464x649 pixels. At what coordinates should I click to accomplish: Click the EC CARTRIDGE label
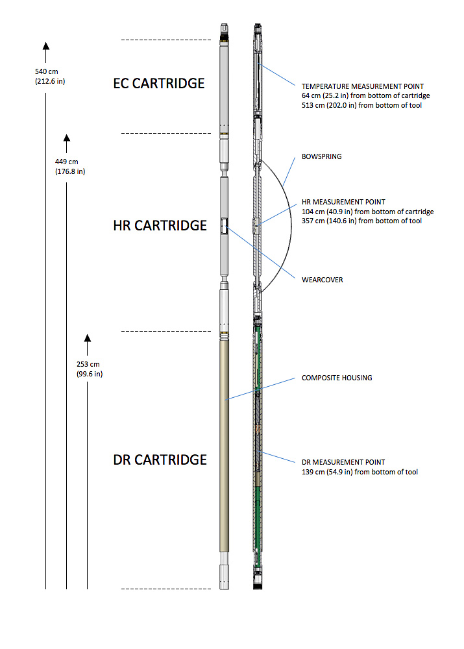pos(159,83)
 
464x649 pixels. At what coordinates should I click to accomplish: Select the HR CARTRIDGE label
pos(160,226)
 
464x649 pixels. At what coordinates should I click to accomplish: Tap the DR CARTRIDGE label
pos(160,460)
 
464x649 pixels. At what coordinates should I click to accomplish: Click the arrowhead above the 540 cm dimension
pos(46,46)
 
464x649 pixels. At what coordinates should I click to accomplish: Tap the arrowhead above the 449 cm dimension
pos(67,138)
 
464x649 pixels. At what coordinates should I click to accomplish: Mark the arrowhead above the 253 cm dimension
pos(88,339)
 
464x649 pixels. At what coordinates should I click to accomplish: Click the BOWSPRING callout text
pos(322,156)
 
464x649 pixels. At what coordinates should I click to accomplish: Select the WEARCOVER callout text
pos(322,280)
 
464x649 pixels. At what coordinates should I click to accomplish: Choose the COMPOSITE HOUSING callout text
pos(337,378)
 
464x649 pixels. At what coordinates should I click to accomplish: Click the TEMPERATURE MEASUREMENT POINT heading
pos(363,86)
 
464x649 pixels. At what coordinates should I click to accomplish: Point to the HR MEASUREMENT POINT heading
pos(343,202)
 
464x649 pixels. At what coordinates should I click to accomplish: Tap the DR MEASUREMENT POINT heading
pos(343,462)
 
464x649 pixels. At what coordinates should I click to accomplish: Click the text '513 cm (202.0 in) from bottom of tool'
pos(361,106)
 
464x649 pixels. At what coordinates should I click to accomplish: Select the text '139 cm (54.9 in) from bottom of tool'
pos(360,472)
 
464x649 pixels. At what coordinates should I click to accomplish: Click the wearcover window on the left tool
pos(224,227)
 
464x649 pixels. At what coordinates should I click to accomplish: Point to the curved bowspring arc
pos(291,226)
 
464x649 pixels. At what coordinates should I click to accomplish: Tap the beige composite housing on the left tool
pos(224,446)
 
